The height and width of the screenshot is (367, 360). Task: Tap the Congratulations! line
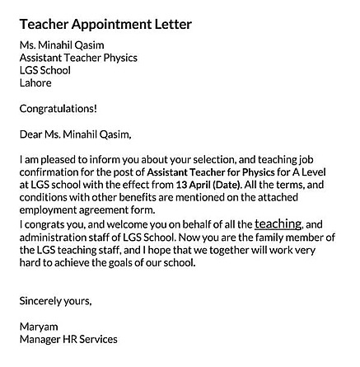tap(58, 109)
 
